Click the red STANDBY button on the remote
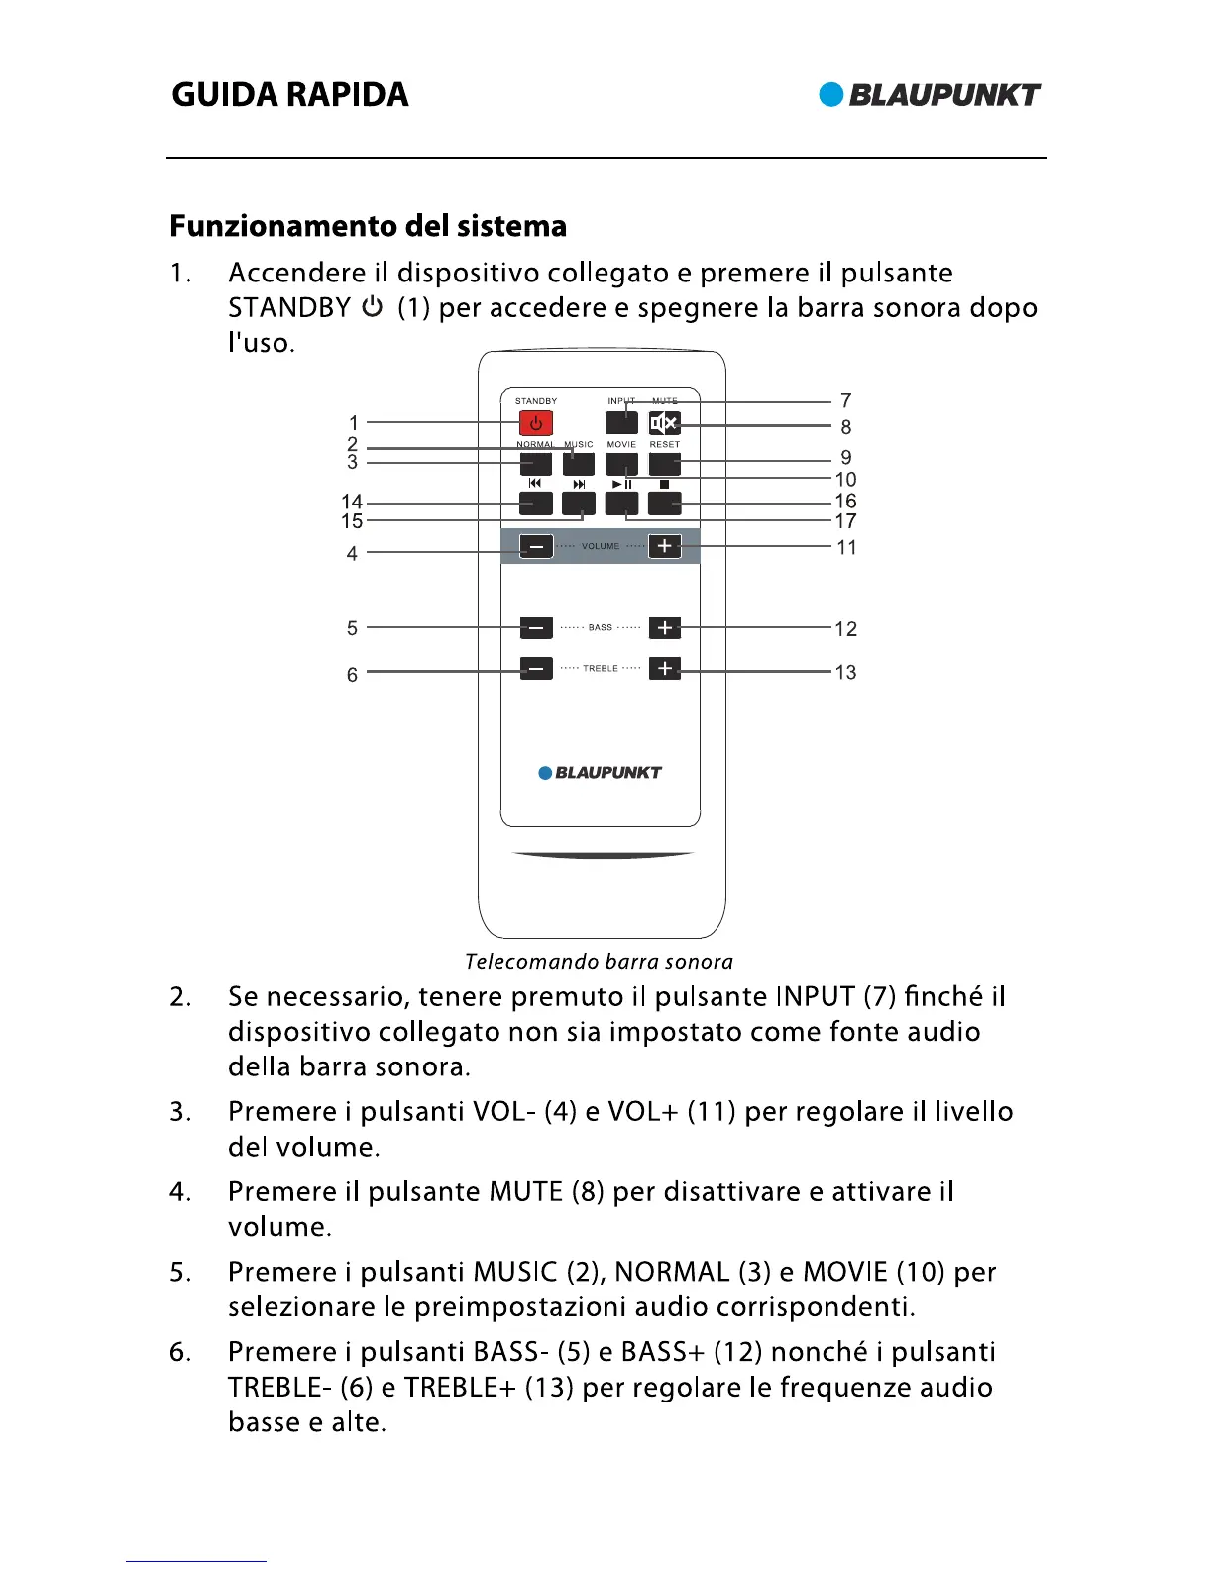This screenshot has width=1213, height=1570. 536,423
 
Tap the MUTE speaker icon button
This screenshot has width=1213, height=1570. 664,423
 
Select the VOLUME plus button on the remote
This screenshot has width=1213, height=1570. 664,546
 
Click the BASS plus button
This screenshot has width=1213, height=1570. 664,627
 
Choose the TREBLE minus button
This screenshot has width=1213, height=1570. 536,669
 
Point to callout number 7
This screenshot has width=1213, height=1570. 845,400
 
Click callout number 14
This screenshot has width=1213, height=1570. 352,502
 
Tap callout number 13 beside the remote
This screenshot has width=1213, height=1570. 845,672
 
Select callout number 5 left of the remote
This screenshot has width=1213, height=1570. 352,628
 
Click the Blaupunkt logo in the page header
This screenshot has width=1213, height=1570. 930,95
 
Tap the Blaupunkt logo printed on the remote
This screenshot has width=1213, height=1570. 600,773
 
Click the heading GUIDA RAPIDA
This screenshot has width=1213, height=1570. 290,95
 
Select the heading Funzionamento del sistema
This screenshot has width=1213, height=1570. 368,226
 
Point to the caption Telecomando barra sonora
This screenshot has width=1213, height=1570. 599,962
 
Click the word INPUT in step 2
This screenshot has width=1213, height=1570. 816,996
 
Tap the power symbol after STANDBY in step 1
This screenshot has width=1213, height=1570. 373,307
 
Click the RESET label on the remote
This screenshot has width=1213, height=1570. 665,444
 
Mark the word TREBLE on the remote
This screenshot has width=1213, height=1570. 601,669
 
